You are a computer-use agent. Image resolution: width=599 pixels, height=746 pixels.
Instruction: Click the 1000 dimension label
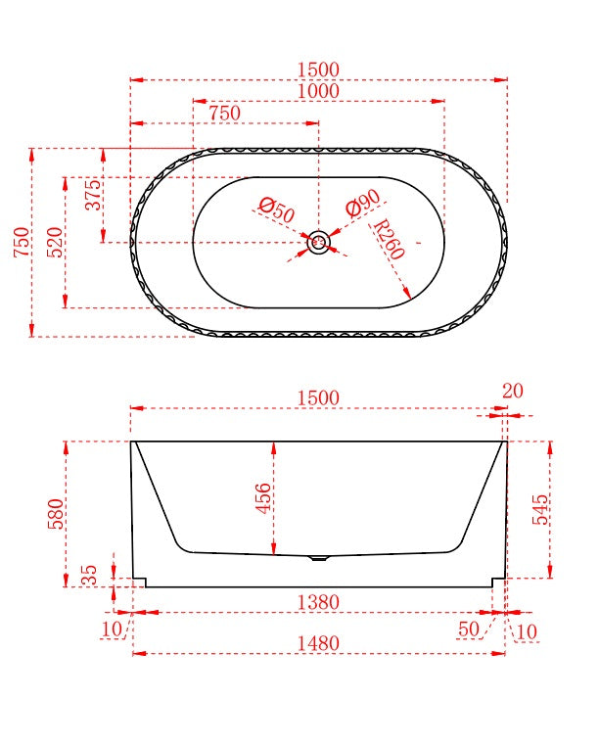318,91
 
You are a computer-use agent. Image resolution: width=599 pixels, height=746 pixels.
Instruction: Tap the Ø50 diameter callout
277,210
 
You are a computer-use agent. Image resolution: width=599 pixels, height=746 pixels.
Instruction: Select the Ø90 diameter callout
363,204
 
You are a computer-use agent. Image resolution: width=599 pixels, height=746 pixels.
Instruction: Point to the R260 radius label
389,239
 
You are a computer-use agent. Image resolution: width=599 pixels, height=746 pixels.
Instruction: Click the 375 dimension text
93,195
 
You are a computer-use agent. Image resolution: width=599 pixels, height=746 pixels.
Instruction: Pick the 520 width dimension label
55,242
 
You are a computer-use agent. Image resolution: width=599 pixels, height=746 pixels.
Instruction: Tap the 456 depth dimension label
263,498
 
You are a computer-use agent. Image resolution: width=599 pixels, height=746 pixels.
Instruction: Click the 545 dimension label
539,509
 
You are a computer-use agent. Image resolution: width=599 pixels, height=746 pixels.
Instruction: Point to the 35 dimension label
89,576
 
